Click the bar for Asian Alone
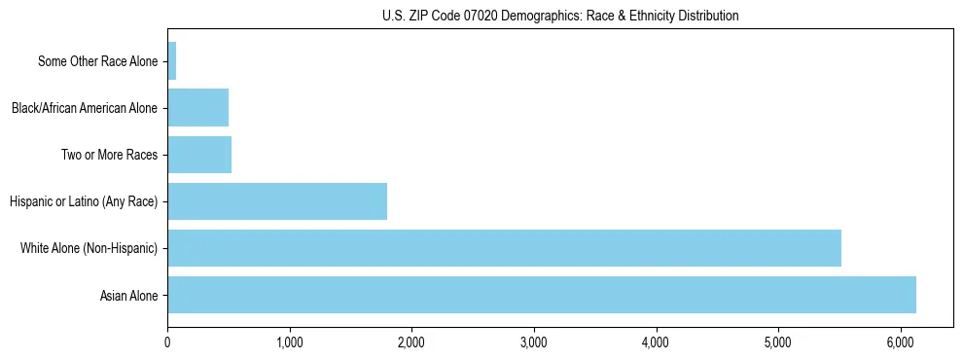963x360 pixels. pos(542,295)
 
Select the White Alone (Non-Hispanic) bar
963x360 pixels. pos(504,248)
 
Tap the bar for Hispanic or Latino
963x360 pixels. pos(277,201)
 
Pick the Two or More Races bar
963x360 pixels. pos(199,155)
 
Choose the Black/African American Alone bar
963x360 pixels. pos(198,108)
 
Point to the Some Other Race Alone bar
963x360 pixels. pos(172,61)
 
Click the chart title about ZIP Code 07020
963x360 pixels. pos(560,16)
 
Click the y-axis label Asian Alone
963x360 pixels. pos(129,296)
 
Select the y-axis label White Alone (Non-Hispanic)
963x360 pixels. pos(89,249)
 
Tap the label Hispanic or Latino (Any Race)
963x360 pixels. pos(84,202)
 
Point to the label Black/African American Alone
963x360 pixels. pos(85,109)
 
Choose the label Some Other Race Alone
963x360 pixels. pos(97,62)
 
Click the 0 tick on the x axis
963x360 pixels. pos(168,342)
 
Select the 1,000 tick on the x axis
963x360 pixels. pos(290,342)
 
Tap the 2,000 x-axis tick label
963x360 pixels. pos(411,342)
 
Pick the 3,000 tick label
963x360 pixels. pos(534,342)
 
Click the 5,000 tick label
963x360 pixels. pos(778,342)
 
